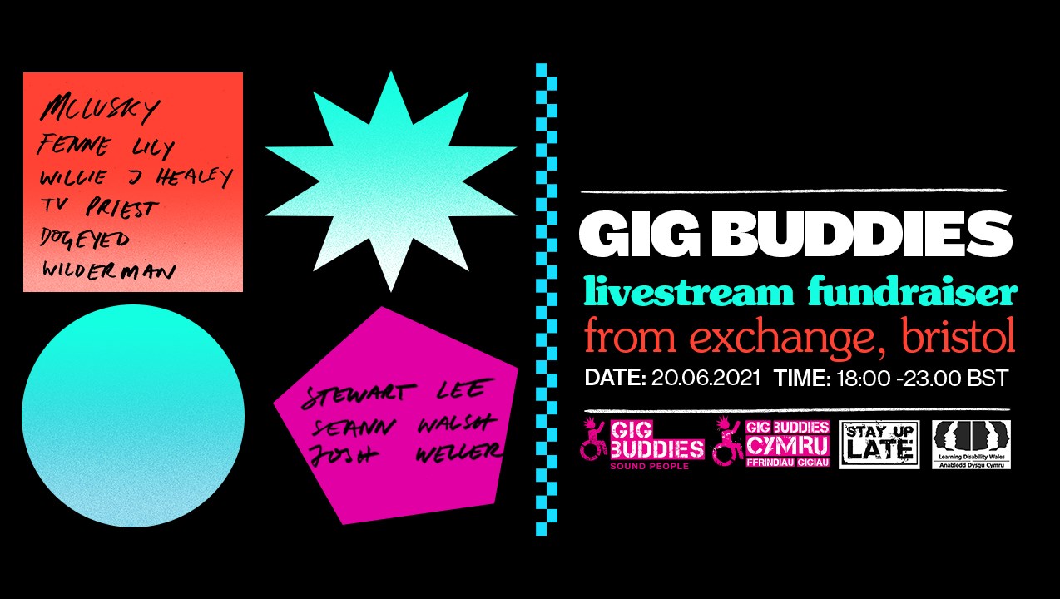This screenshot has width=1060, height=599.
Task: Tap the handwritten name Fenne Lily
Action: point(106,147)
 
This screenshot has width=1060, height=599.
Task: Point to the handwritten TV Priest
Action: point(97,208)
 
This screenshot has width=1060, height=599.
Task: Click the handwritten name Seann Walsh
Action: point(402,424)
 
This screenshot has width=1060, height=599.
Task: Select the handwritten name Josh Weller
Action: point(405,453)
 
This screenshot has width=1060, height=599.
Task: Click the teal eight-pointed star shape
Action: point(390,181)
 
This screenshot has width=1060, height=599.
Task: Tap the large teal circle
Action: point(133,416)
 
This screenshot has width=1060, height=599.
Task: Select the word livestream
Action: point(690,294)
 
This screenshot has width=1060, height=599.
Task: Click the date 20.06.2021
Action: point(706,379)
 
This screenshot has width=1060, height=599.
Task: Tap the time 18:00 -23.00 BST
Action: point(922,379)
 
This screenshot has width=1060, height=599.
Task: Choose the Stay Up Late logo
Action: point(879,445)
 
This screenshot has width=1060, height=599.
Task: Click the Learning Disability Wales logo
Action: point(971,445)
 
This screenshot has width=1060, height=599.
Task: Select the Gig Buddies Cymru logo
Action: point(771,442)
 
